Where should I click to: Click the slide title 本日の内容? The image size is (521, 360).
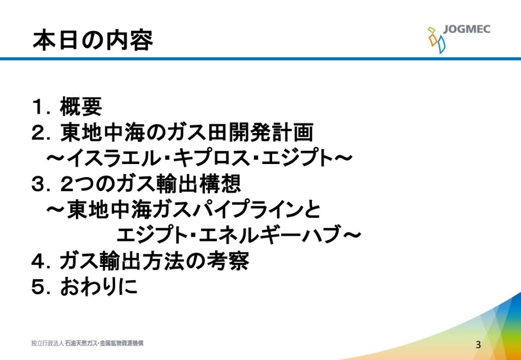tap(93, 40)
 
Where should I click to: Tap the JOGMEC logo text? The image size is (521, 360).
tap(467, 29)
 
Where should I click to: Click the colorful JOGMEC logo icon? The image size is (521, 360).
tap(436, 40)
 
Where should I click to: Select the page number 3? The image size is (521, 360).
tap(478, 344)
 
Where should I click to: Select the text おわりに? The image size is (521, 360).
tap(99, 288)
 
